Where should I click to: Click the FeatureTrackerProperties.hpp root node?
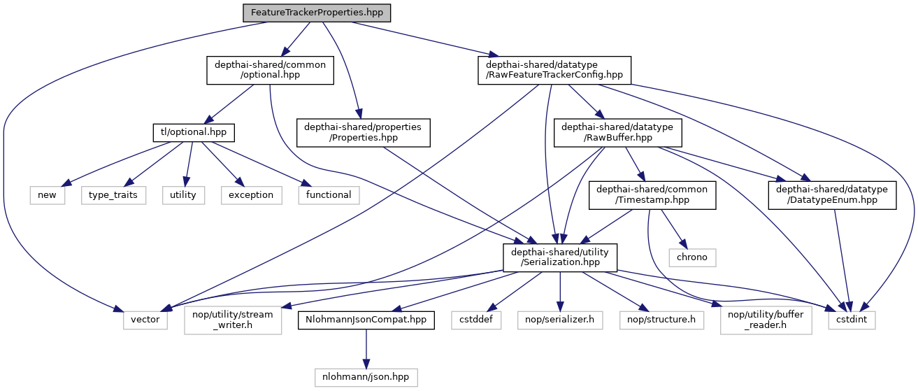(x=317, y=13)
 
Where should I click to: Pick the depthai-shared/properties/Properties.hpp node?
(x=362, y=132)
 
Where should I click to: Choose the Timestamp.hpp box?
(x=652, y=195)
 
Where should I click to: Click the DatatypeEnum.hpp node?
(x=833, y=195)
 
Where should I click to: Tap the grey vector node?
(x=145, y=320)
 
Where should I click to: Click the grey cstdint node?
(x=851, y=320)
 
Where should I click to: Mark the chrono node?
(x=691, y=257)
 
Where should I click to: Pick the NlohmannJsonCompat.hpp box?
(x=366, y=320)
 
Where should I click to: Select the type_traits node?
(x=113, y=194)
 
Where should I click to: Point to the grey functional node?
(x=329, y=194)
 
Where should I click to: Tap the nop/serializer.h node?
(x=559, y=320)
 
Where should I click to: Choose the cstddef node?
(x=475, y=320)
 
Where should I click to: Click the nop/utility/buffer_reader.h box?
(x=767, y=320)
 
